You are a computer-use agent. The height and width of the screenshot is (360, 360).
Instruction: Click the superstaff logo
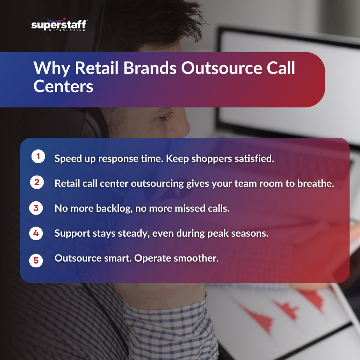click(x=59, y=25)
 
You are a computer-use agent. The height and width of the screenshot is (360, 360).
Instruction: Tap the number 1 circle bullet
click(x=37, y=157)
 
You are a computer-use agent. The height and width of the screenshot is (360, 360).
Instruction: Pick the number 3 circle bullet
click(x=36, y=208)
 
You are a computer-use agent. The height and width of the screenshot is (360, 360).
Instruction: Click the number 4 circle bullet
click(x=36, y=234)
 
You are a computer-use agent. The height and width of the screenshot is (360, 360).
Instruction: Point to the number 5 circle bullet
click(x=36, y=260)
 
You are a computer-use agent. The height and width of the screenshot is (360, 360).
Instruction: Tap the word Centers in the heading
click(x=63, y=86)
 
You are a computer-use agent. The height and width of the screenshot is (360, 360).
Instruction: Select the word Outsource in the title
click(x=216, y=68)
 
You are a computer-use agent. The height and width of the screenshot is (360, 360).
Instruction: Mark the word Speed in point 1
click(x=67, y=159)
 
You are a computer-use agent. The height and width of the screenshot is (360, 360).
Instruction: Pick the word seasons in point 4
click(x=249, y=234)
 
